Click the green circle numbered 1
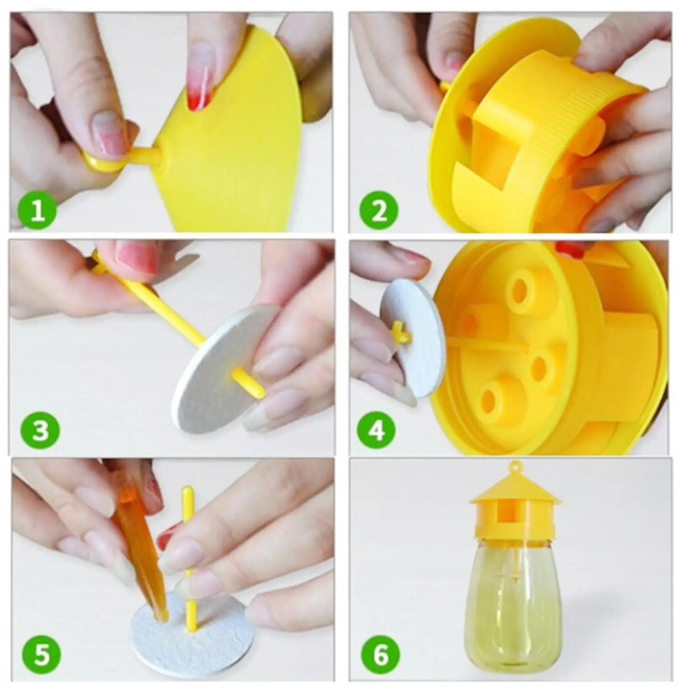pyautogui.click(x=38, y=212)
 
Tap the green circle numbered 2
pyautogui.click(x=379, y=212)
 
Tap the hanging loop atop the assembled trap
pyautogui.click(x=515, y=466)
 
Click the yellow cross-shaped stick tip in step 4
pyautogui.click(x=399, y=332)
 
